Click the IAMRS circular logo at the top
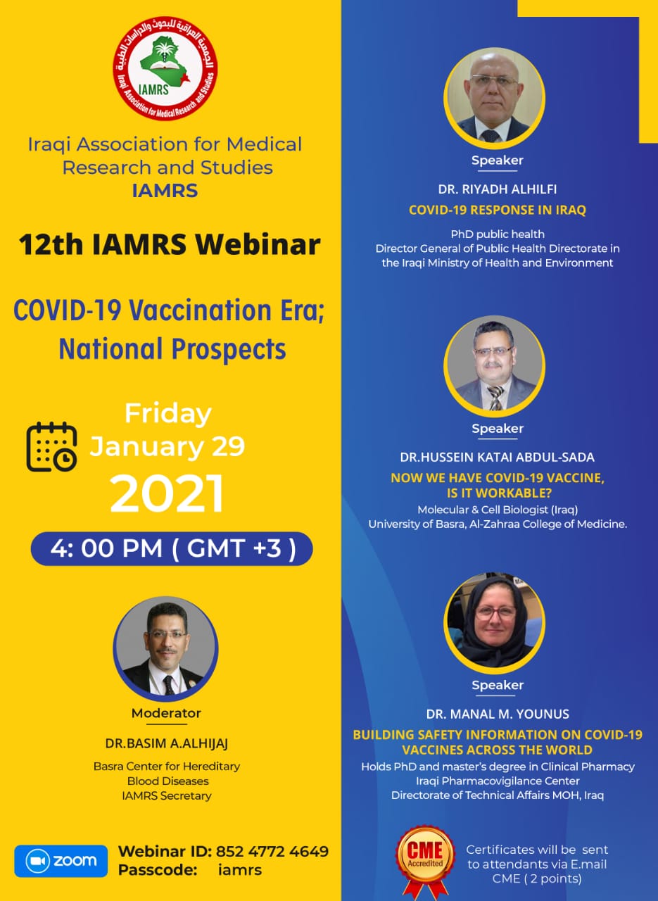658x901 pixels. (x=165, y=68)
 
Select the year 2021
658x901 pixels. (x=167, y=493)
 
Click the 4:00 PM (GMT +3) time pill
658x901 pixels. (x=172, y=548)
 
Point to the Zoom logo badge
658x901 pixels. (x=61, y=861)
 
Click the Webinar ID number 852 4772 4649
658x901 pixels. (x=272, y=852)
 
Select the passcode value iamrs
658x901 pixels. (x=240, y=870)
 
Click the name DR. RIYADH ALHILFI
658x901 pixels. (x=498, y=189)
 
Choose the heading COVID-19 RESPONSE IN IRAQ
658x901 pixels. (x=498, y=210)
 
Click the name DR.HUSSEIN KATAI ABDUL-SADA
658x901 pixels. (x=497, y=458)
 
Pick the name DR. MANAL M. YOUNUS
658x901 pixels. (x=498, y=714)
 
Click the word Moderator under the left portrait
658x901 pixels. (x=166, y=713)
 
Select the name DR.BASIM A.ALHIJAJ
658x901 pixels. (x=167, y=743)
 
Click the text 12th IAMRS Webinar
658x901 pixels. (x=170, y=244)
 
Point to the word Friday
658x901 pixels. (x=167, y=414)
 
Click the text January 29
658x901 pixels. (x=167, y=446)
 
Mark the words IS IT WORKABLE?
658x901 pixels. (x=499, y=493)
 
